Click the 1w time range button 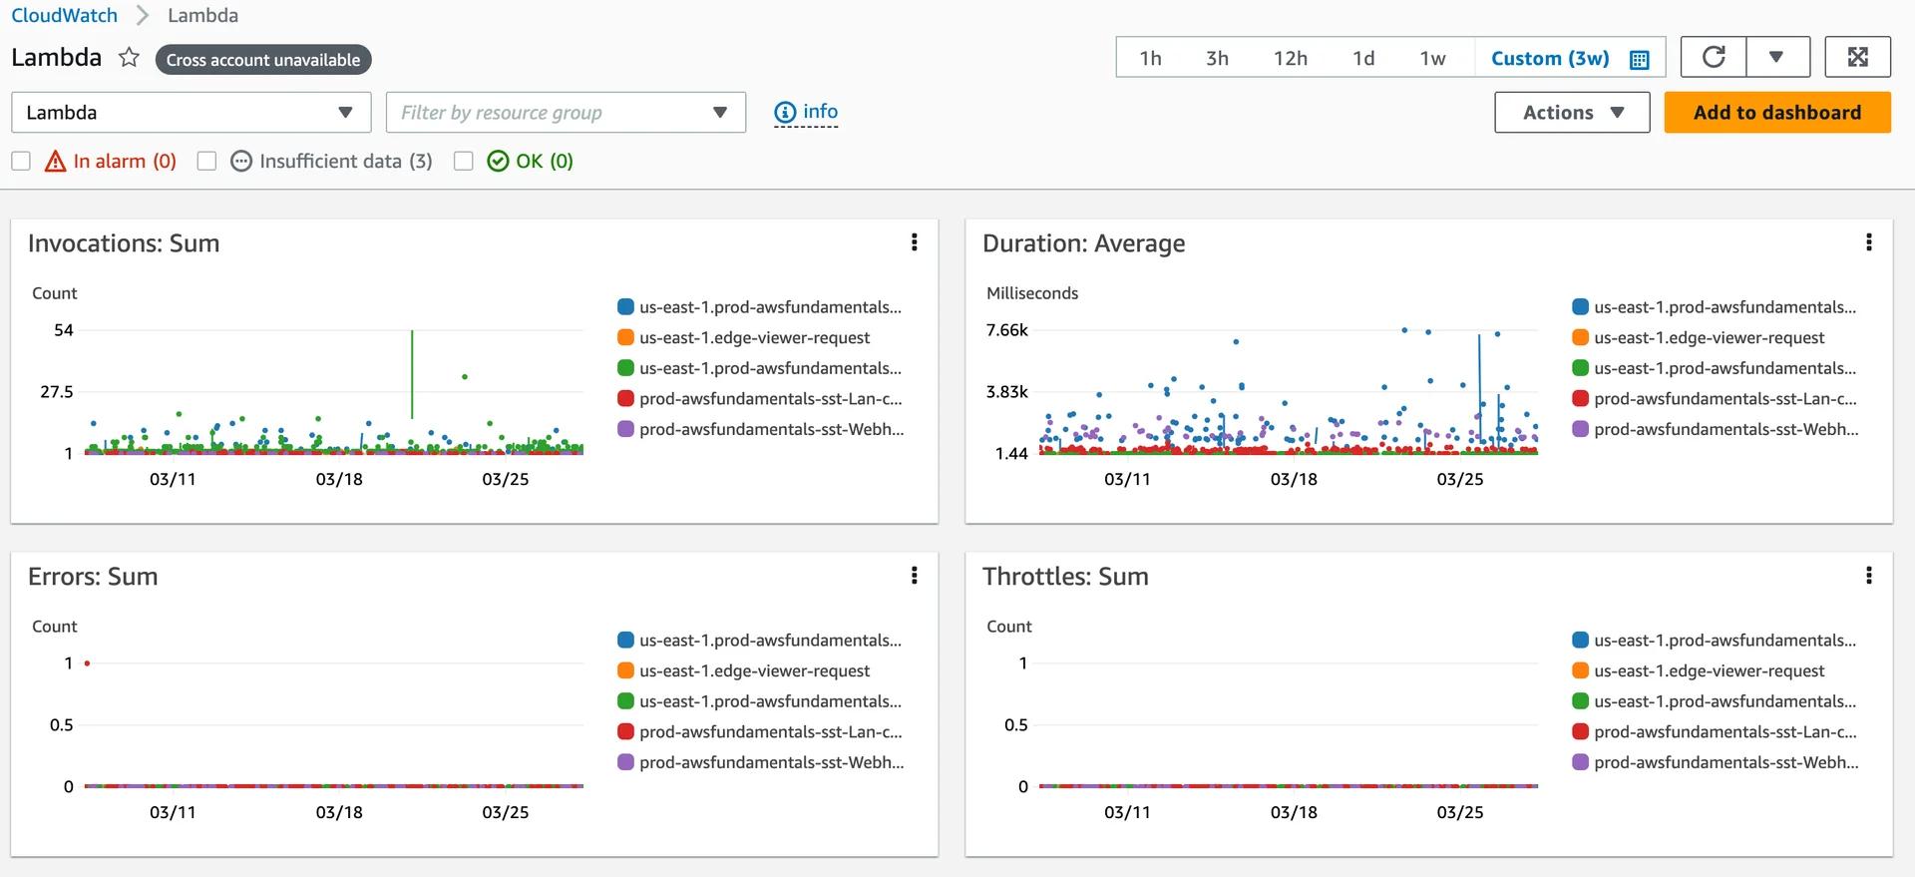[x=1432, y=58]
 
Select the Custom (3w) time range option [x=1569, y=58]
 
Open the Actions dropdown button [x=1572, y=113]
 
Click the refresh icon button [x=1714, y=57]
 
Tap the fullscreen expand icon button [x=1857, y=57]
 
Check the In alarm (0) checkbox [x=21, y=161]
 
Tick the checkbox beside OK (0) [x=464, y=161]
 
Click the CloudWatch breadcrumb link [x=64, y=15]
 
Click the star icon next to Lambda [x=129, y=57]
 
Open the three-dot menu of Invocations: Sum [x=914, y=242]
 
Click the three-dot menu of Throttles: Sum [x=1868, y=576]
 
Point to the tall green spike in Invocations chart [x=412, y=374]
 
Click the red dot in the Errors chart [x=88, y=663]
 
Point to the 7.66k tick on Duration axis [x=1006, y=330]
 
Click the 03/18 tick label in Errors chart [x=339, y=812]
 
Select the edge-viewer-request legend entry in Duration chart [x=1708, y=337]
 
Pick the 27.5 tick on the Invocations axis [x=57, y=392]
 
